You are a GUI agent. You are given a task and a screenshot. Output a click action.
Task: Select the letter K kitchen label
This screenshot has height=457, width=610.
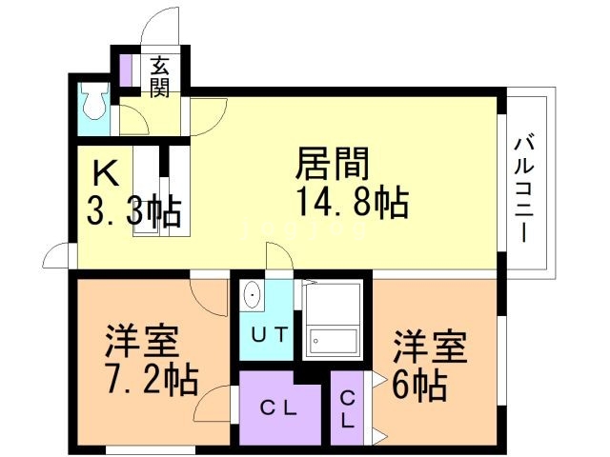coord(104,173)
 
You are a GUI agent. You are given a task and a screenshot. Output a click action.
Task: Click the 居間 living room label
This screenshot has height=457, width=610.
coord(331,165)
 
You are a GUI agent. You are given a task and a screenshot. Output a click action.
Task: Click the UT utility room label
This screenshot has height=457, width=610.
coord(265,334)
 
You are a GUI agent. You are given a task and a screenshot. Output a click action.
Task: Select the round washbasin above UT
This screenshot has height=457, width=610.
coord(252,295)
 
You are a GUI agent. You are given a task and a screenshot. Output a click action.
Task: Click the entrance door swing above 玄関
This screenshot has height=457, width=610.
coord(160,27)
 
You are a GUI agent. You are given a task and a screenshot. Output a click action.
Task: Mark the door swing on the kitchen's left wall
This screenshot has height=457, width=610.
coord(57,256)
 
